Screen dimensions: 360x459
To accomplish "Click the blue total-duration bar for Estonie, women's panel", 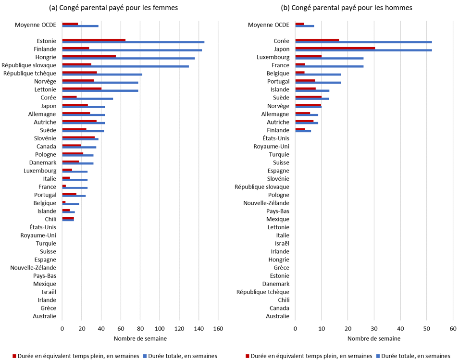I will pyautogui.click(x=133, y=42).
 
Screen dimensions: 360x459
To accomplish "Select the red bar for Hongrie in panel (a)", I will pyautogui.click(x=89, y=56).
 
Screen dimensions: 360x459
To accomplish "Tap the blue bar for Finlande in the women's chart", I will pyautogui.click(x=132, y=50).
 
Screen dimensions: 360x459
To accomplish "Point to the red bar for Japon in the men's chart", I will pyautogui.click(x=335, y=48).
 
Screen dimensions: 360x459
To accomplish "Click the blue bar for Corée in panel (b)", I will pyautogui.click(x=363, y=42).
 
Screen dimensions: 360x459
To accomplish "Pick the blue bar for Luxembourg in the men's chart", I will pyautogui.click(x=329, y=58).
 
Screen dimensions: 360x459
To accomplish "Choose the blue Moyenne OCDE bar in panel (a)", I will pyautogui.click(x=80, y=26).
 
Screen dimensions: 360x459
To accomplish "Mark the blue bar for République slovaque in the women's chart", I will pyautogui.click(x=125, y=66).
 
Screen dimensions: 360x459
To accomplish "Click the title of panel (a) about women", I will pyautogui.click(x=113, y=8).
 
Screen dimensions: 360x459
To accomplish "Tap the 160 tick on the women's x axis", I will pyautogui.click(x=218, y=329).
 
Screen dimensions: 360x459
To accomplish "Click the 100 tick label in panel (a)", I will pyautogui.click(x=160, y=329).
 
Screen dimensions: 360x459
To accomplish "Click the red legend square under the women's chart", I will pyautogui.click(x=13, y=356).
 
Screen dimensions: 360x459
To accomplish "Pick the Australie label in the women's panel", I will pyautogui.click(x=44, y=316).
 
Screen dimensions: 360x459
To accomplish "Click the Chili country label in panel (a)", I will pyautogui.click(x=48, y=219).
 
